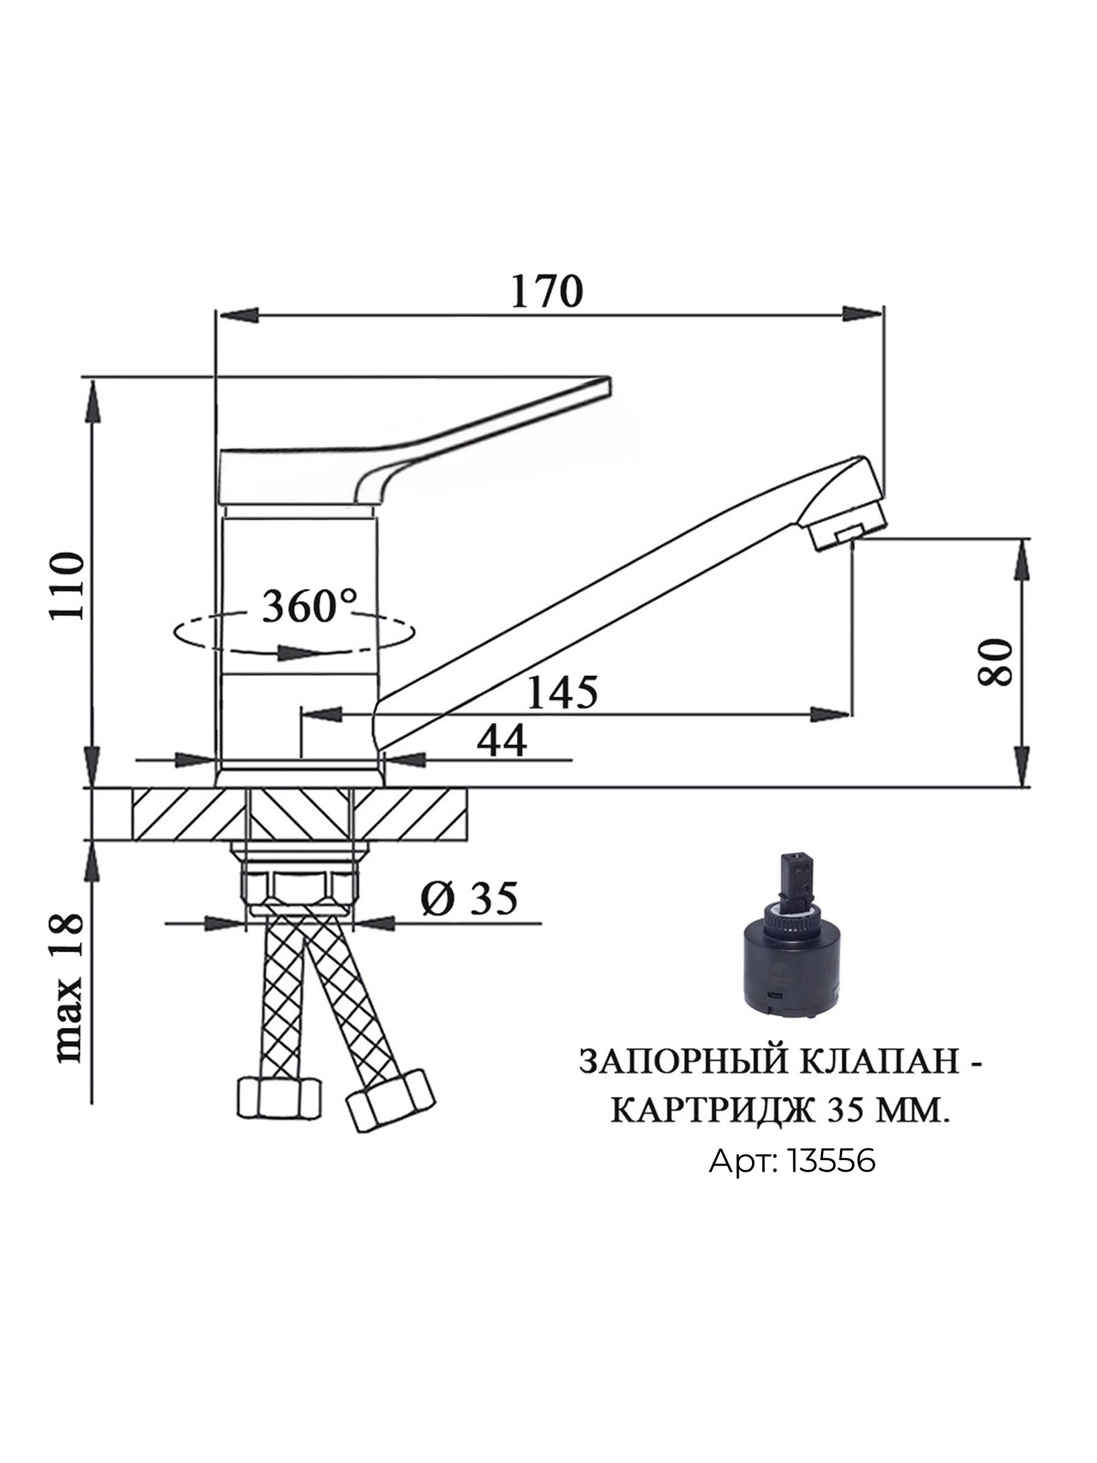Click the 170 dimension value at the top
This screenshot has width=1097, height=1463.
[547, 291]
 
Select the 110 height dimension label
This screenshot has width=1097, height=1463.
[69, 585]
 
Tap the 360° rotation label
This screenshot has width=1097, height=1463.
[310, 607]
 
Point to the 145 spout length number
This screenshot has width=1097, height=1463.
[563, 692]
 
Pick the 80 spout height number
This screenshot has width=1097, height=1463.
[995, 661]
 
